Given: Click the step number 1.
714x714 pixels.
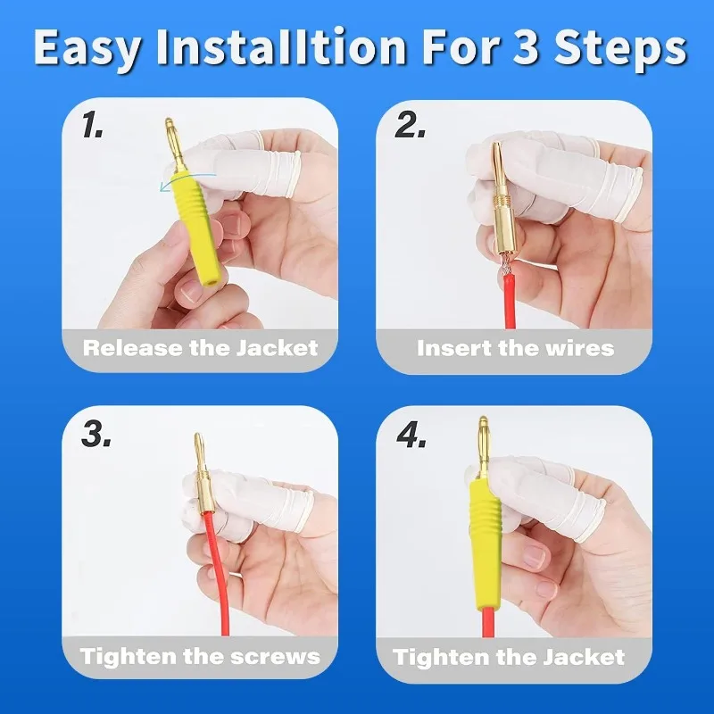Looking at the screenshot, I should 92,127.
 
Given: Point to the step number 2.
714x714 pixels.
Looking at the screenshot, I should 411,127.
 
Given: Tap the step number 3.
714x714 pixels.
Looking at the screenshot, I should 95,434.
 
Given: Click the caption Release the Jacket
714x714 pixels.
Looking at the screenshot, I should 200,347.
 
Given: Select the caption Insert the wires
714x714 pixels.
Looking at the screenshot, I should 515,347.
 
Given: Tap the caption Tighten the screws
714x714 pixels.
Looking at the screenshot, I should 200,656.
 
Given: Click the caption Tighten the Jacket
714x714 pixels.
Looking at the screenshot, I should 509,657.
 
